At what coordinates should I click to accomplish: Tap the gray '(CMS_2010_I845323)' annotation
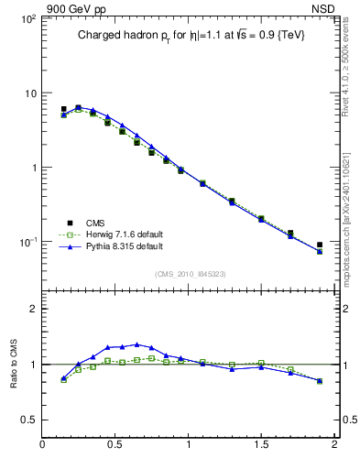[x=188, y=273]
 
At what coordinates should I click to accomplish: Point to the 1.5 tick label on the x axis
[x=261, y=445]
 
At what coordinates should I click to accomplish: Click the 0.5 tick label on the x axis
[x=115, y=445]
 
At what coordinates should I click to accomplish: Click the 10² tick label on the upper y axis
[x=27, y=19]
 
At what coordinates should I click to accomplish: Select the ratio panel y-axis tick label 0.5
[x=28, y=420]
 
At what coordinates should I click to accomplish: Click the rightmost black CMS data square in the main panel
[x=320, y=245]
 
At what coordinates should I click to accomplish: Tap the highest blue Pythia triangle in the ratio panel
[x=136, y=344]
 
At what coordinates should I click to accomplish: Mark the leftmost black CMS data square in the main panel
[x=63, y=109]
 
